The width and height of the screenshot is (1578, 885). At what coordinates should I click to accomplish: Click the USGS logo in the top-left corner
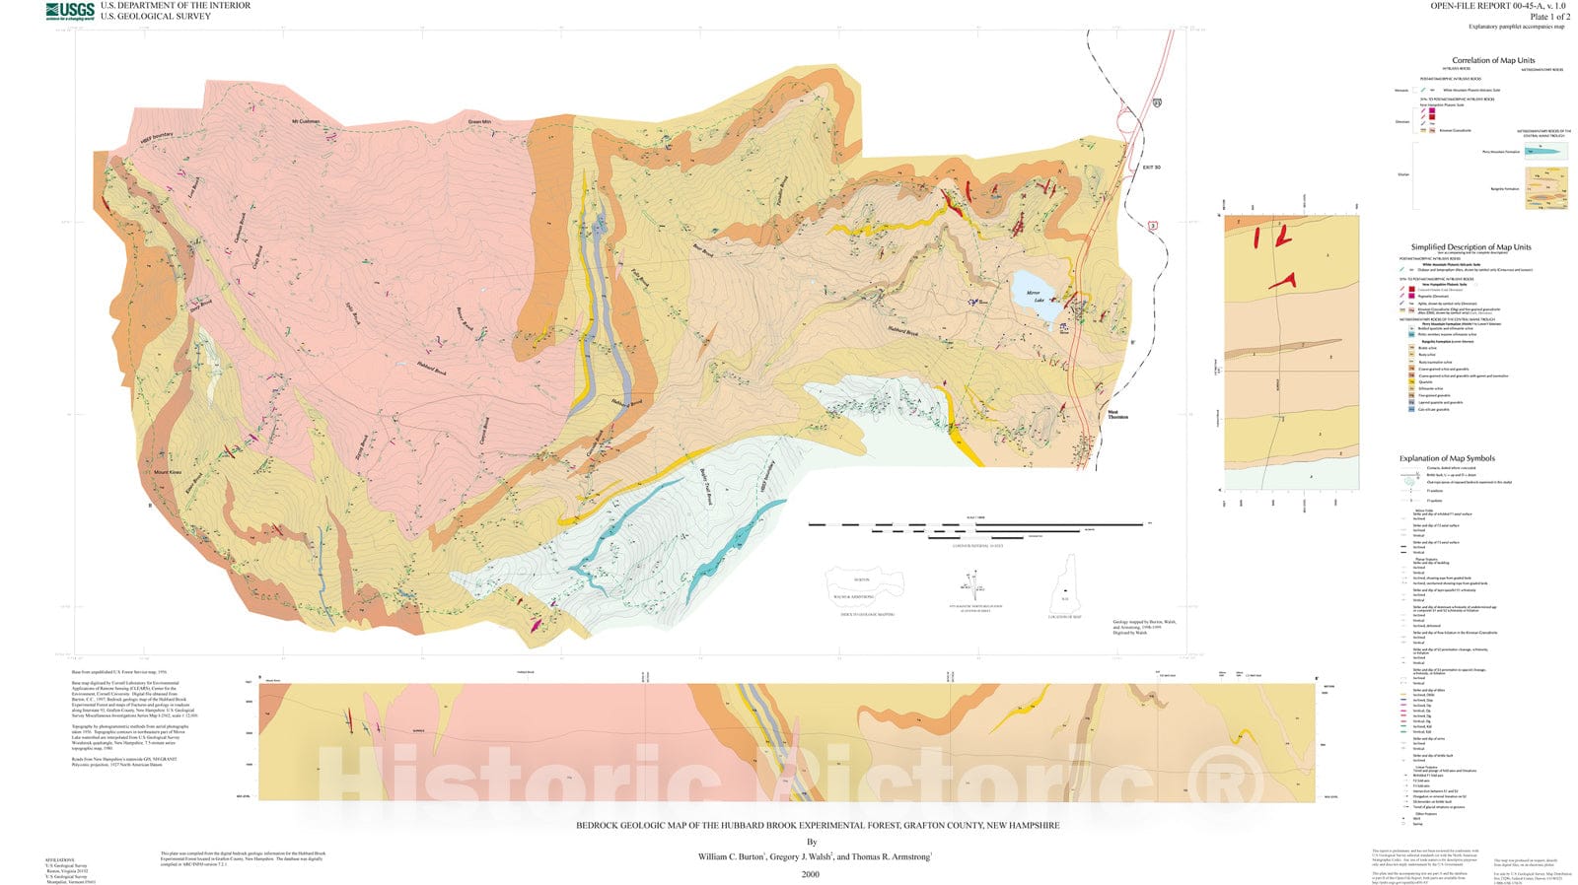70,11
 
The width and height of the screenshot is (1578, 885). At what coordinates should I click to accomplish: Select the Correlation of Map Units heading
1492,60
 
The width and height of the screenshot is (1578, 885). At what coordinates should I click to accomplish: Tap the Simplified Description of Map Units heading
1470,247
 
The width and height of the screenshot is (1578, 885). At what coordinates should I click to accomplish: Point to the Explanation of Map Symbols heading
1446,458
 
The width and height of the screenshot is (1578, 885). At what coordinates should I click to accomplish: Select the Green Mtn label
479,122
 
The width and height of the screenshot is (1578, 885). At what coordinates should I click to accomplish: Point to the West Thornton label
1117,415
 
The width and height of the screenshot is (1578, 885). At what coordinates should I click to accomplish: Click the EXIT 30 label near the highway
1151,168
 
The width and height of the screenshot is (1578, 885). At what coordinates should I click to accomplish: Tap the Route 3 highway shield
1152,227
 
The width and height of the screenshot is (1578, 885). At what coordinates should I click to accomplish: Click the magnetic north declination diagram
974,587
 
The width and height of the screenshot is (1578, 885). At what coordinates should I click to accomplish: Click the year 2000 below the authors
810,874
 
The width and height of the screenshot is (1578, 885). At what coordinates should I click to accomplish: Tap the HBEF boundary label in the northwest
156,136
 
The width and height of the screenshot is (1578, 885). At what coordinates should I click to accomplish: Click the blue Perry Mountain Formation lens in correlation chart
1544,152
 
